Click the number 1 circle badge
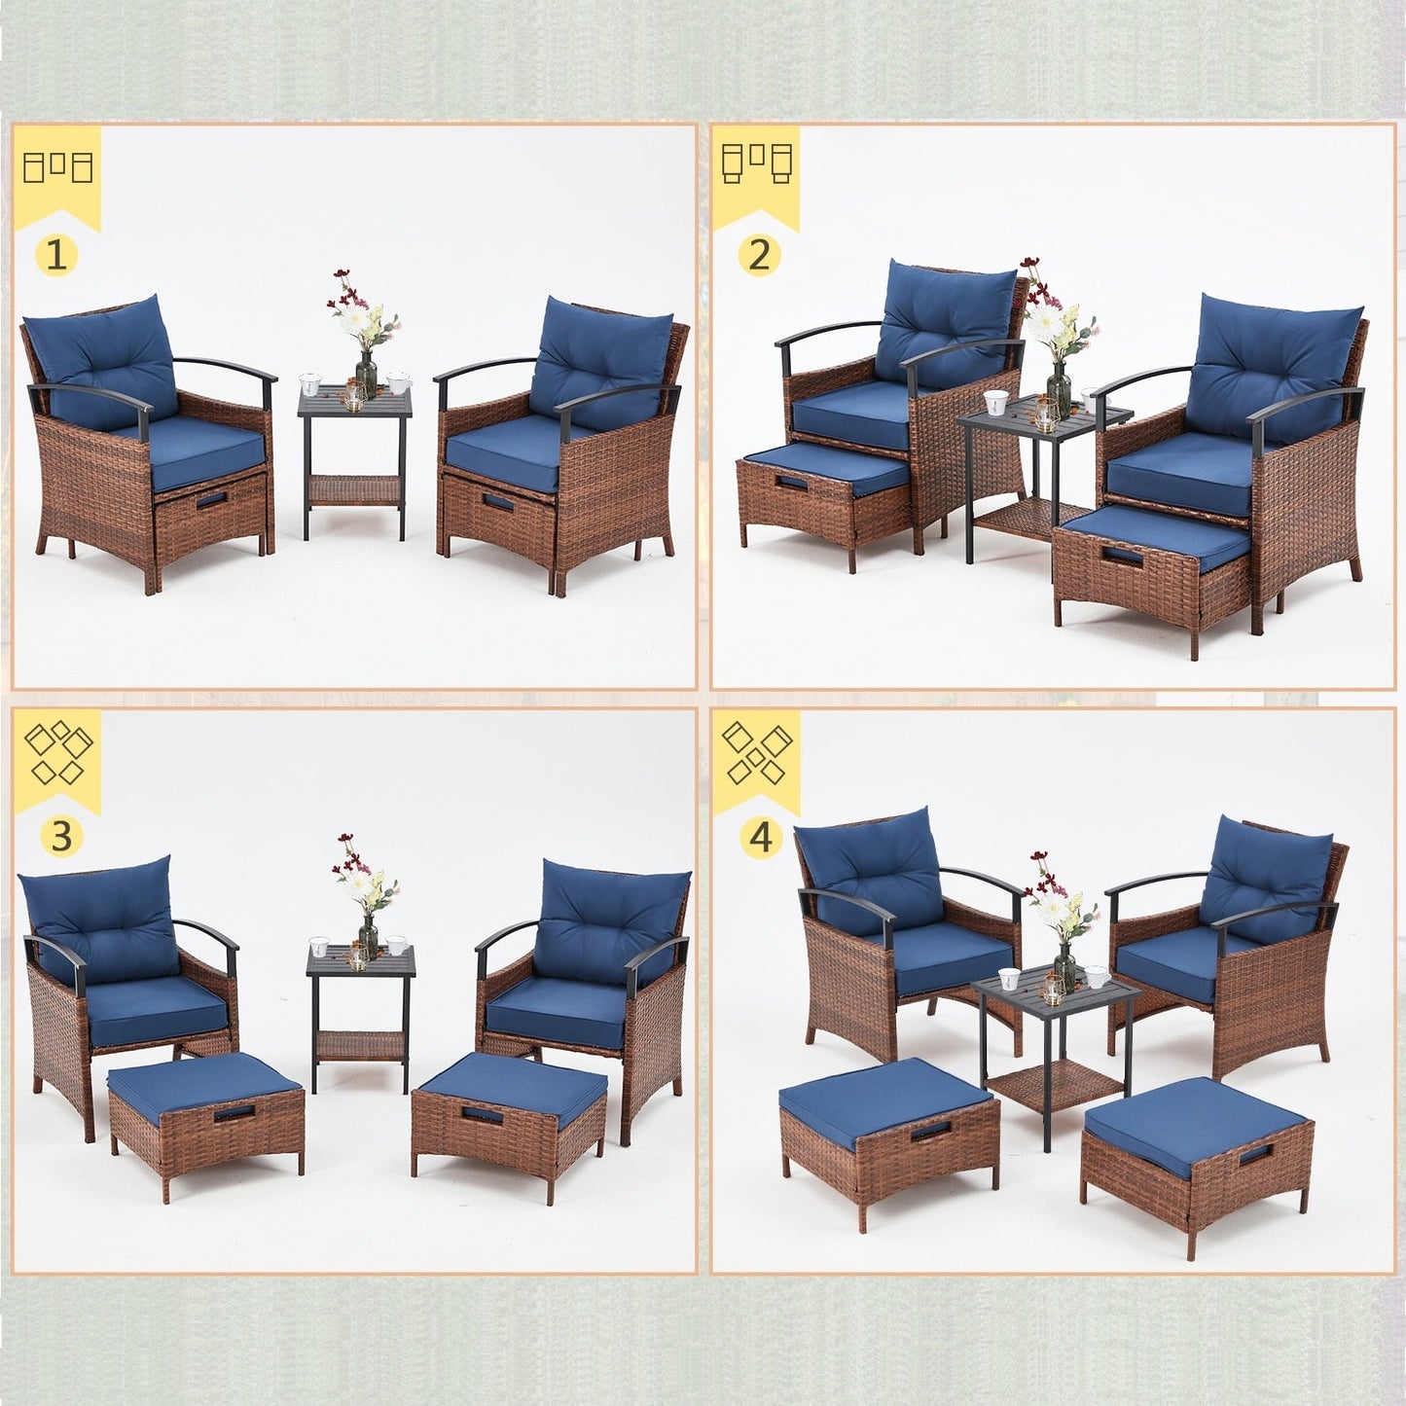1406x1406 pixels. pos(56,256)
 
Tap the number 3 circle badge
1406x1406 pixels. pos(60,835)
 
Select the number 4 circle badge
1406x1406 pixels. pos(761,835)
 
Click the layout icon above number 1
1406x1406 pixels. pos(58,167)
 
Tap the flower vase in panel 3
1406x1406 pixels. pos(368,936)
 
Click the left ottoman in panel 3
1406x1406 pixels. pos(205,1119)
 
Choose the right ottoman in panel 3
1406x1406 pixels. pos(509,1109)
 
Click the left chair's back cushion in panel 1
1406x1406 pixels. pos(99,360)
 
